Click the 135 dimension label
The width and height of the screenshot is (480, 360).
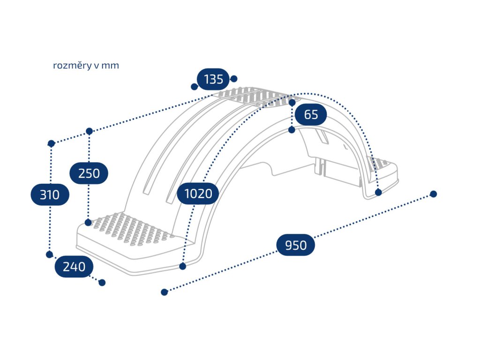point(214,79)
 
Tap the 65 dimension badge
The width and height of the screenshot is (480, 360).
point(311,114)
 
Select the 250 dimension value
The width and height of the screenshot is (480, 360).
point(89,173)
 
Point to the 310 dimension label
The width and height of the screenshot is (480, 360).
point(50,194)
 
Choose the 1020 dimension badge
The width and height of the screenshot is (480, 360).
point(198,193)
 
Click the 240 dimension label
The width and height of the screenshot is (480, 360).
point(74,267)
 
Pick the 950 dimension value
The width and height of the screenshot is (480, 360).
point(295,245)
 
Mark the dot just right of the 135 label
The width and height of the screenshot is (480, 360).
point(234,79)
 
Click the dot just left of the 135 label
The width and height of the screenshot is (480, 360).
point(194,87)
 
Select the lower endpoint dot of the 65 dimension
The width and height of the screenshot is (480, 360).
point(292,130)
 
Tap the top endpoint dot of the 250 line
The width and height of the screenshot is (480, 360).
point(89,131)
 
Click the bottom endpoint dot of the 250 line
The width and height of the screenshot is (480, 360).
point(88,222)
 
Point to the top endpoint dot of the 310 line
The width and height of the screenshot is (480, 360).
point(52,142)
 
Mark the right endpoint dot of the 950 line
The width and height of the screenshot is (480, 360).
point(433,194)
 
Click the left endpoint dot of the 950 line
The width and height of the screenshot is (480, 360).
point(164,292)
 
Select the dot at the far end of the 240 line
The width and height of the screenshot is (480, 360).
point(102,283)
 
